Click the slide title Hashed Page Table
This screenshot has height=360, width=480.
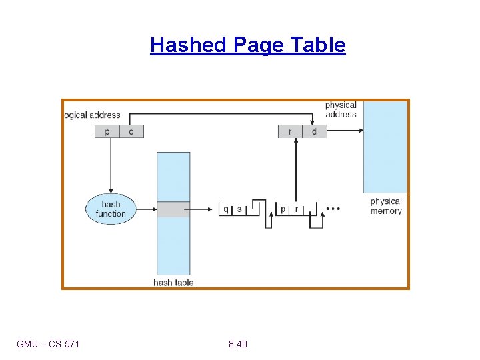tap(248, 45)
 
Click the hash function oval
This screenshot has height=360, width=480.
tap(111, 209)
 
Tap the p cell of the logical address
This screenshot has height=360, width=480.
tap(107, 131)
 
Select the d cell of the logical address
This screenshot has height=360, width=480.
tap(131, 131)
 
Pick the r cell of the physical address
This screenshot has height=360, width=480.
tap(290, 131)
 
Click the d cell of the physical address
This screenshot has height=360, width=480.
tap(314, 131)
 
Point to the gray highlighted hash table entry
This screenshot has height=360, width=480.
tap(173, 209)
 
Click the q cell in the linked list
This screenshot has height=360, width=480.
tap(226, 209)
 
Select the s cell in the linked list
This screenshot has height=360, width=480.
tap(240, 209)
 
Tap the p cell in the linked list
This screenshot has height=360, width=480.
tap(283, 209)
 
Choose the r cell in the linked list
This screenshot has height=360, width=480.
tap(297, 209)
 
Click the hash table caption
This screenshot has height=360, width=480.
tap(173, 282)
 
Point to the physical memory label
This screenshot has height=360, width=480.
tap(386, 206)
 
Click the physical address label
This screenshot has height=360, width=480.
tap(341, 109)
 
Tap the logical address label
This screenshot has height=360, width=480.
tap(92, 115)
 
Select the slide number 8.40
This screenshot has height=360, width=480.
tap(237, 344)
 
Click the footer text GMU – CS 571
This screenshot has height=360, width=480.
tap(48, 344)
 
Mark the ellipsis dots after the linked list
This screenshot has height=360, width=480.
tap(333, 209)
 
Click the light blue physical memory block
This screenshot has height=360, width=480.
tap(385, 147)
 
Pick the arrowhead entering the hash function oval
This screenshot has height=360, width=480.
tap(111, 191)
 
